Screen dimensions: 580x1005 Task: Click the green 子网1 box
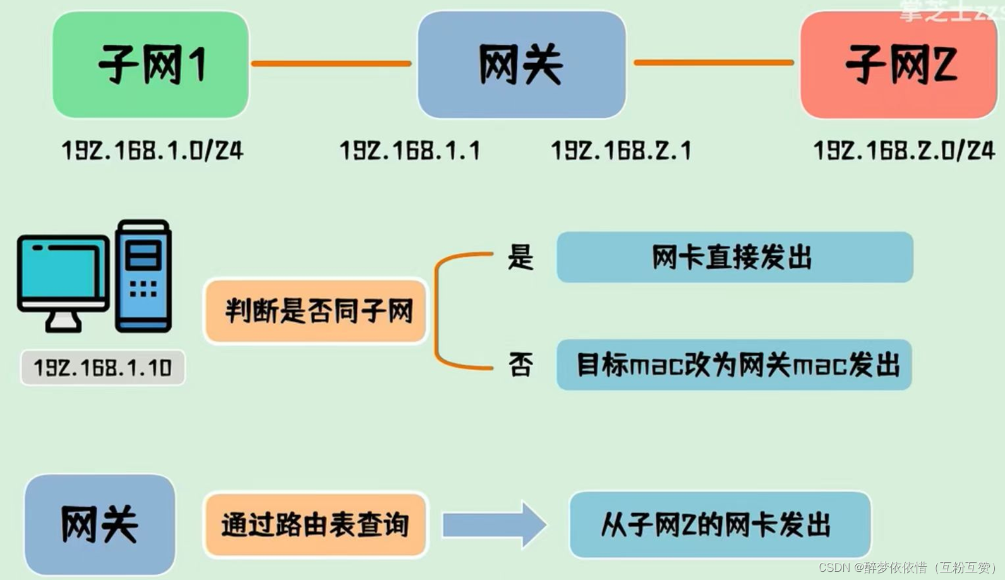pos(150,64)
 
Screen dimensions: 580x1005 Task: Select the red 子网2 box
pos(898,64)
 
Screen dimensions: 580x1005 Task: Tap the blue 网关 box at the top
pos(521,64)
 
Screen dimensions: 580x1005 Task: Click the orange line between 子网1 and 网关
pos(332,63)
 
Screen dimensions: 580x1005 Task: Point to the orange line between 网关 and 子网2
pos(714,63)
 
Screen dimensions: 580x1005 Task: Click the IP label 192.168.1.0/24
pos(152,150)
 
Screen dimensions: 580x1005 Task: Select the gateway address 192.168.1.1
pos(410,150)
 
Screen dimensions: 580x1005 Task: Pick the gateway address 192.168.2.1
pos(622,150)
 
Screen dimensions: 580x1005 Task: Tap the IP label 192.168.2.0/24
pos(904,150)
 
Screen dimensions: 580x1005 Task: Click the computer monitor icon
pos(63,278)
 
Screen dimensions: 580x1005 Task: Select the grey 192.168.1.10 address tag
pos(102,367)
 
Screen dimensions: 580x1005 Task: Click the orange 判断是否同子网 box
pos(316,311)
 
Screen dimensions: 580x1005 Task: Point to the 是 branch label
pos(521,257)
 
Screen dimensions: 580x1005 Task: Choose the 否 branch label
pos(521,365)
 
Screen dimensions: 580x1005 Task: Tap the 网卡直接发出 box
pos(734,257)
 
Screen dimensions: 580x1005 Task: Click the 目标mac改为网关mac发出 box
pos(734,365)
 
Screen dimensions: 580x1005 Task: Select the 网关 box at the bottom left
pos(100,524)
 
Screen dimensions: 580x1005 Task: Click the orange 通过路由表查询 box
pos(315,524)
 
